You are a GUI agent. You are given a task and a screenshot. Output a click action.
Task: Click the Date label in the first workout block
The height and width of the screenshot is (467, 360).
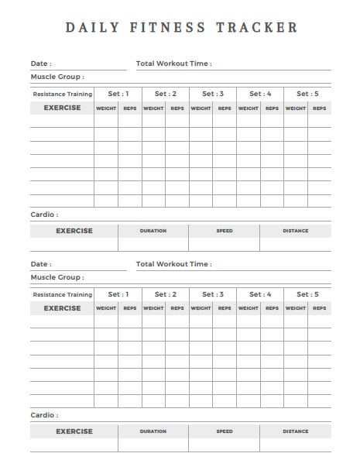tap(41, 64)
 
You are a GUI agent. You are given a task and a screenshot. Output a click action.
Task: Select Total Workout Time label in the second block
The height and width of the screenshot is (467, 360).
tap(173, 264)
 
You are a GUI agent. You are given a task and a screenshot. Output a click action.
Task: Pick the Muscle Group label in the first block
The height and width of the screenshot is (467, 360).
tap(57, 77)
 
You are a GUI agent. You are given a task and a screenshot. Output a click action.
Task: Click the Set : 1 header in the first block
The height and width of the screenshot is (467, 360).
tap(118, 94)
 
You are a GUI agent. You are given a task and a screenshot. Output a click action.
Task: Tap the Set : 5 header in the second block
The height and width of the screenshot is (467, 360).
tap(307, 294)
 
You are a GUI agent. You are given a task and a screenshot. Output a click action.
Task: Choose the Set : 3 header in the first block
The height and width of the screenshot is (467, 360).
tap(213, 94)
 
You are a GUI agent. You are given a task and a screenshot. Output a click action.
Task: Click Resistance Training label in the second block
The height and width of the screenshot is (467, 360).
tap(62, 295)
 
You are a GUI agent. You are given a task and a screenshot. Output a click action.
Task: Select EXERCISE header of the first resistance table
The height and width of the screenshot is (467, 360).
tap(62, 108)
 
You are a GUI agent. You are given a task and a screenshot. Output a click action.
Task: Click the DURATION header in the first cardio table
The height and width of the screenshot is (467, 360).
tap(153, 231)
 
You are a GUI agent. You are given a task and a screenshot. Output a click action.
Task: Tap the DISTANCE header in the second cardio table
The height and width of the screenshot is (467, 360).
tap(295, 431)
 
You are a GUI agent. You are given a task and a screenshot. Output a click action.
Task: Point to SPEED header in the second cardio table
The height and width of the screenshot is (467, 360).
tap(225, 431)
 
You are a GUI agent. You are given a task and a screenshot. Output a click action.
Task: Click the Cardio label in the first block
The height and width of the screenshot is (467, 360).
tap(44, 215)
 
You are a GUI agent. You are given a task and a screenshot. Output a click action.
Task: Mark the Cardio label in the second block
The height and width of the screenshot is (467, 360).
tap(44, 415)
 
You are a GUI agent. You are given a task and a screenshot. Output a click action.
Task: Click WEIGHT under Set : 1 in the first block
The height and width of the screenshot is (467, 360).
tap(106, 108)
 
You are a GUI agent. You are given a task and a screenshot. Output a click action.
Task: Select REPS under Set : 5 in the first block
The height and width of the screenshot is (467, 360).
tap(319, 108)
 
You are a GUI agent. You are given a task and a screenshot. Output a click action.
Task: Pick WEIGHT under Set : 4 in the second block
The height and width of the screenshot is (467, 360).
tap(249, 309)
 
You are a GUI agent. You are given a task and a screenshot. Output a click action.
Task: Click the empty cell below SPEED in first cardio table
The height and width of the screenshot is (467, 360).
tap(225, 244)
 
